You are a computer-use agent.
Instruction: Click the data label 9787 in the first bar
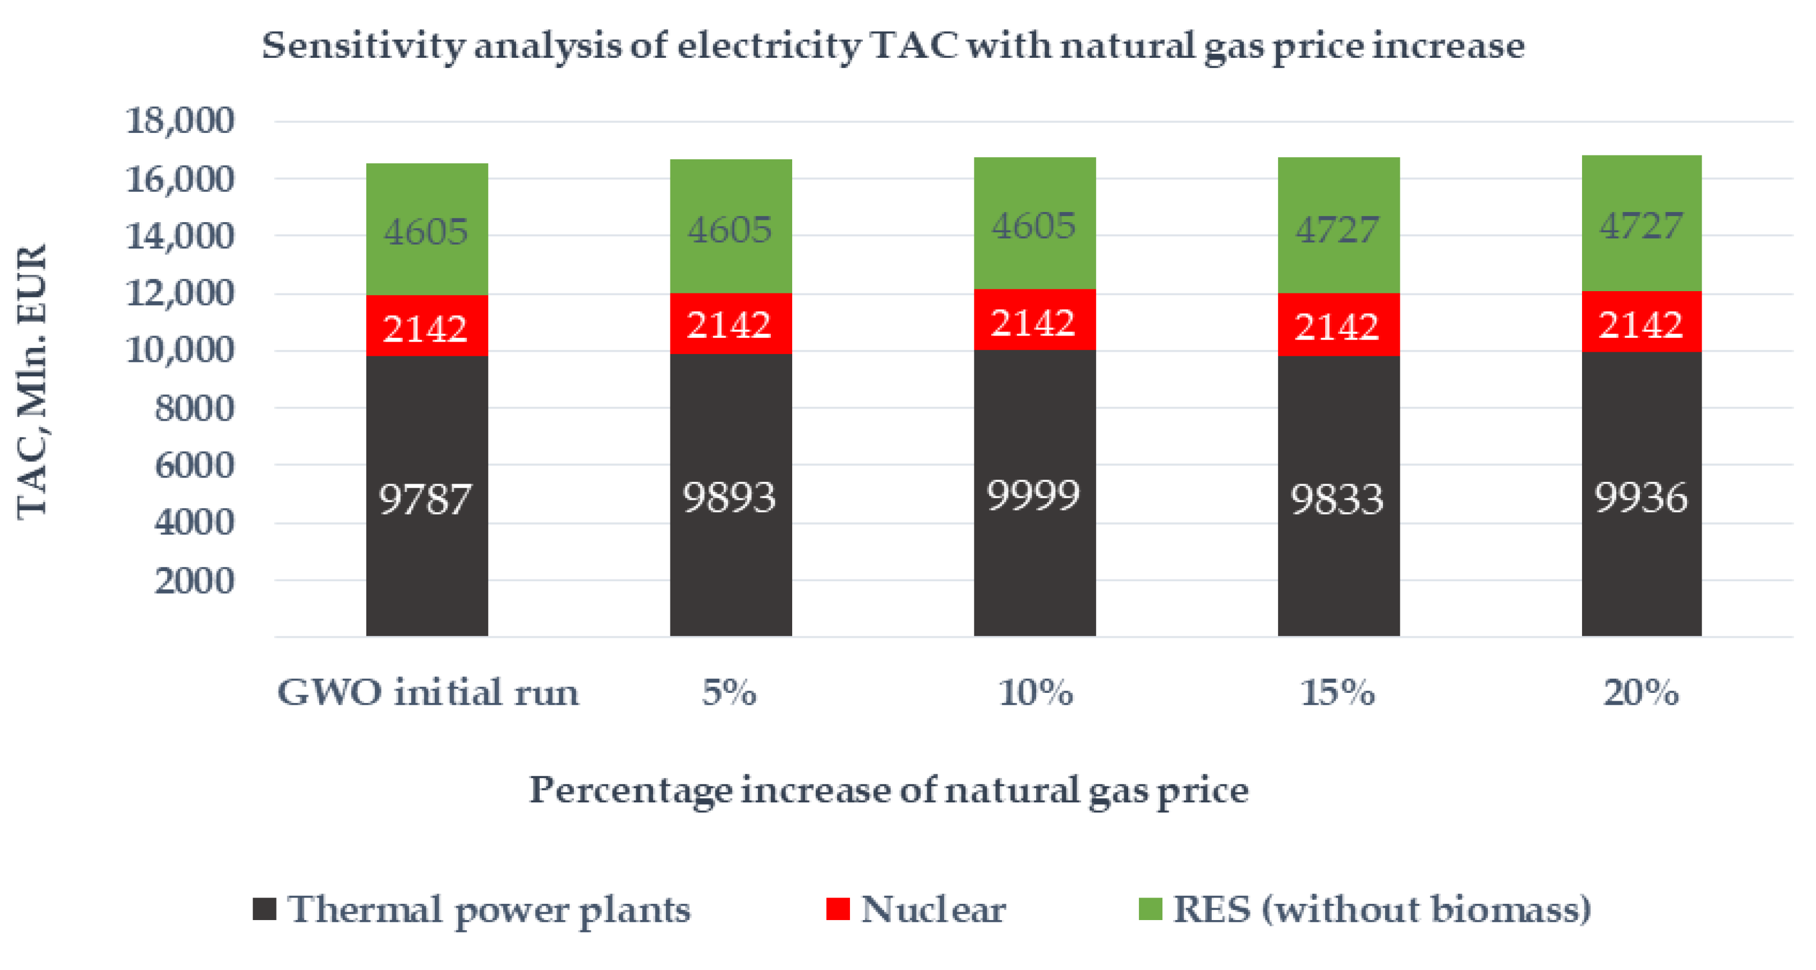click(425, 499)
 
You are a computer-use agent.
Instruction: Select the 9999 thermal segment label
click(1033, 495)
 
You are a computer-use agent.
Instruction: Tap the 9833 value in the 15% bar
click(1337, 499)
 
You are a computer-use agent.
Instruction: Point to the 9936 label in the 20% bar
click(1641, 497)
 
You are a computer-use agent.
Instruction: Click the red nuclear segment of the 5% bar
click(730, 324)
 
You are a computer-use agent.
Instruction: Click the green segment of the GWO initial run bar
click(426, 231)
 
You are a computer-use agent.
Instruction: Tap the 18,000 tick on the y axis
click(180, 121)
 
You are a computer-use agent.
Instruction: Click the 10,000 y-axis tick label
click(180, 351)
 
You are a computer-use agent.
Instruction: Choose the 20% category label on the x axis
click(1640, 692)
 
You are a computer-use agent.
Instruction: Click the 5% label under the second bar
click(729, 692)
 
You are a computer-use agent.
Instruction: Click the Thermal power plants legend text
click(488, 909)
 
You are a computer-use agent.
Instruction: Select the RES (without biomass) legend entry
click(1382, 909)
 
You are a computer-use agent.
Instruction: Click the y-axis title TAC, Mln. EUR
click(32, 381)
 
